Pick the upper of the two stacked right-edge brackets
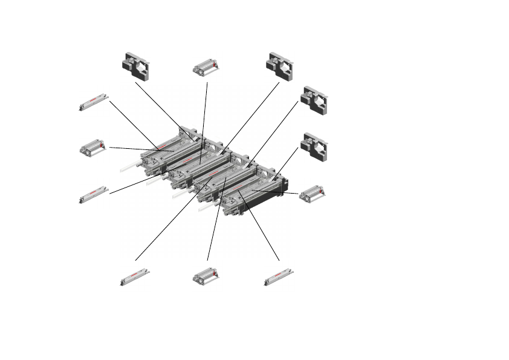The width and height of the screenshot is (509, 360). pos(314,100)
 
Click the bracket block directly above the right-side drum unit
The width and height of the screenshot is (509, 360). pos(314,146)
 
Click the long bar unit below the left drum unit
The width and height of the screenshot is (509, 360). pos(94,194)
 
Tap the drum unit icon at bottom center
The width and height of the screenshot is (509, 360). pos(206,277)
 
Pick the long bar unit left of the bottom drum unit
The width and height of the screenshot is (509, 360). pos(135,277)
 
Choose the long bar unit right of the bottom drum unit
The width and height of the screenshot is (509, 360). pos(279,277)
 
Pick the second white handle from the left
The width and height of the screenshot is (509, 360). pos(155,180)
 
